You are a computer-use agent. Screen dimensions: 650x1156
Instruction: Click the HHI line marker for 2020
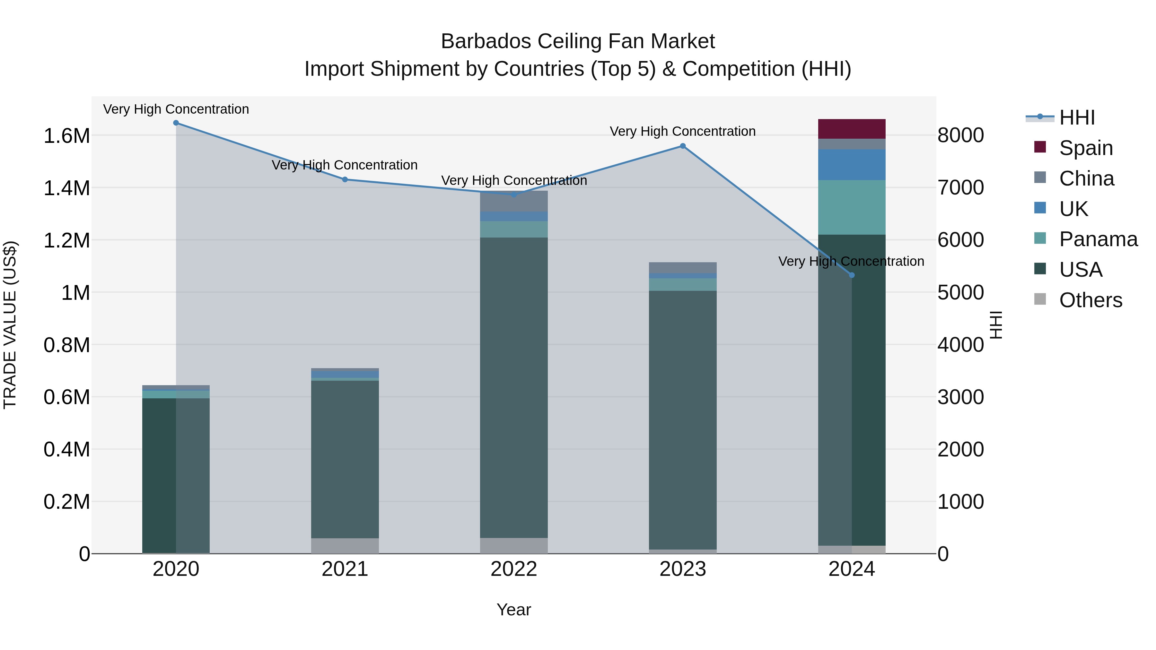176,123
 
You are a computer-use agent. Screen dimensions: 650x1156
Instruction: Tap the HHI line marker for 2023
683,146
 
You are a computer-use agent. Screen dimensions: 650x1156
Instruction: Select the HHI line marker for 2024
852,275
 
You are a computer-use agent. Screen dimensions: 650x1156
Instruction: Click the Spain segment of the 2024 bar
851,129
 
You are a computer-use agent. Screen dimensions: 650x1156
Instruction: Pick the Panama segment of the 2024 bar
851,207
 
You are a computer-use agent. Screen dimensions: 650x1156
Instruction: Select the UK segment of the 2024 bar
851,165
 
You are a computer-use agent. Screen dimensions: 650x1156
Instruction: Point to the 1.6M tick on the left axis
66,135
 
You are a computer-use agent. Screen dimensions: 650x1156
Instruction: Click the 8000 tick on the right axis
960,135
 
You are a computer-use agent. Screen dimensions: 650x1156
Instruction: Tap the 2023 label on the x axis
683,569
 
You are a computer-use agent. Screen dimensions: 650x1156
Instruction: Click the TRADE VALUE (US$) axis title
10,325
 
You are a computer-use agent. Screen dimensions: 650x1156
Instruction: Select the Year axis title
513,610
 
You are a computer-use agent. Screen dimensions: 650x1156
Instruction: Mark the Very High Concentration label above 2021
345,165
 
